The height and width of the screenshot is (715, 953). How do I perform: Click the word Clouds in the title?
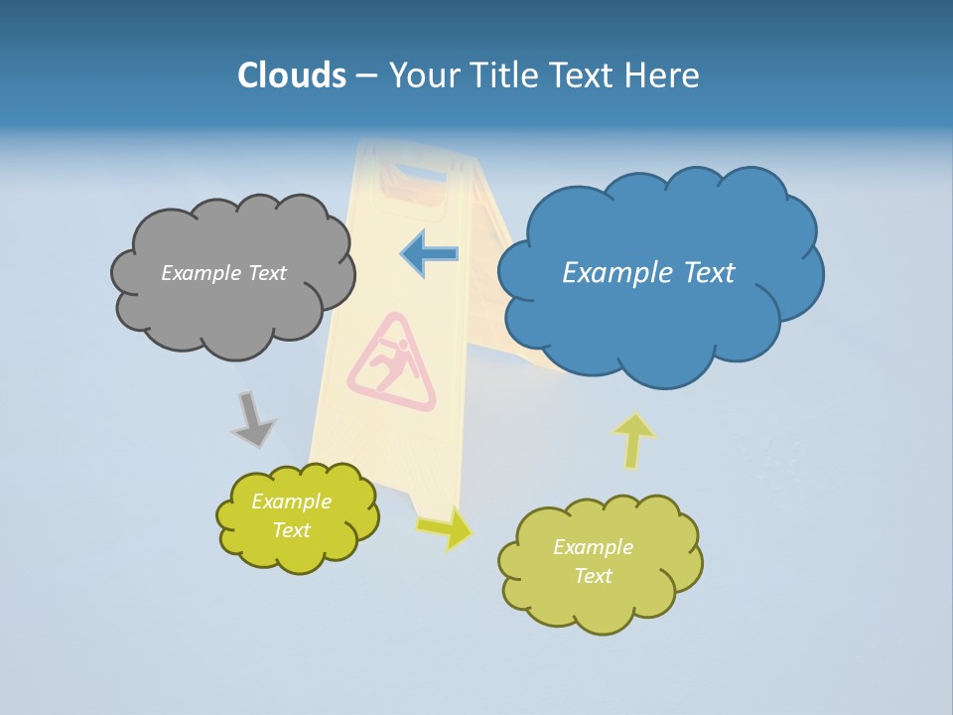coord(291,74)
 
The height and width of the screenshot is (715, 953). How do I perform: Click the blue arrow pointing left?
coord(430,254)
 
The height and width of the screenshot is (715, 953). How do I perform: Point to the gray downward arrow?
coord(253,419)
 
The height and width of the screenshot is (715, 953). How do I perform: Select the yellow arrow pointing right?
coord(446,527)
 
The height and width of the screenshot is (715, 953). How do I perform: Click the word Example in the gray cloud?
coord(198,273)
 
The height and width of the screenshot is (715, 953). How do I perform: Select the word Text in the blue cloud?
coord(707,273)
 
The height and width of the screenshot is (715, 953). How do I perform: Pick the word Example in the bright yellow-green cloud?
coord(291,501)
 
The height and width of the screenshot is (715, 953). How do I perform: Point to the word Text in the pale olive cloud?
coord(593,576)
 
